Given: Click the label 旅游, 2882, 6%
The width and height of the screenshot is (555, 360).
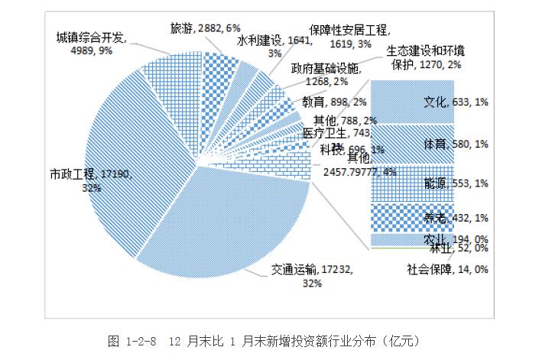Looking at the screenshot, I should click(x=198, y=28).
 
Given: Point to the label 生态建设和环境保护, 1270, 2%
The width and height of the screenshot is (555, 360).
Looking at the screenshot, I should click(x=424, y=57).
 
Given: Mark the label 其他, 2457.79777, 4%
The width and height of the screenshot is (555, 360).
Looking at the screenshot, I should click(x=357, y=165).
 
